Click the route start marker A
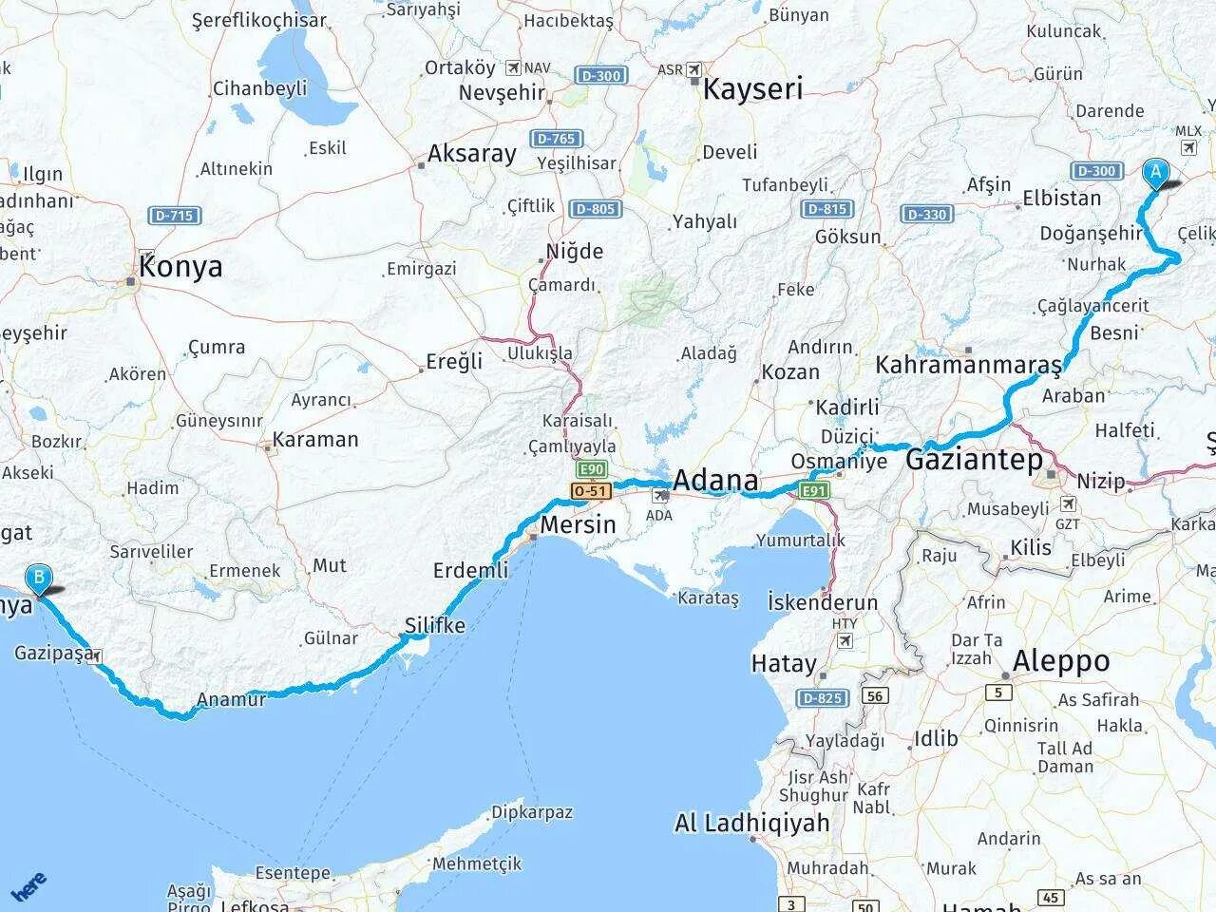(x=1155, y=172)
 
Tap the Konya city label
(x=180, y=266)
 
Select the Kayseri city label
(x=752, y=89)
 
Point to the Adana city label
(x=715, y=481)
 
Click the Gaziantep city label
(x=973, y=461)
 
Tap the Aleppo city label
(x=1061, y=661)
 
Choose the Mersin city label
(x=578, y=524)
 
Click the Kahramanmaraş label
(x=968, y=365)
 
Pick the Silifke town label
(x=435, y=625)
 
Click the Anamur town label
(x=231, y=701)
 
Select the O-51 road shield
(x=590, y=490)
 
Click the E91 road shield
(x=814, y=490)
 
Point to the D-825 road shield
(x=822, y=699)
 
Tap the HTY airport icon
(x=845, y=640)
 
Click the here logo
(x=28, y=885)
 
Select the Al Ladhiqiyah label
(x=752, y=823)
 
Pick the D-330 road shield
(x=926, y=215)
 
